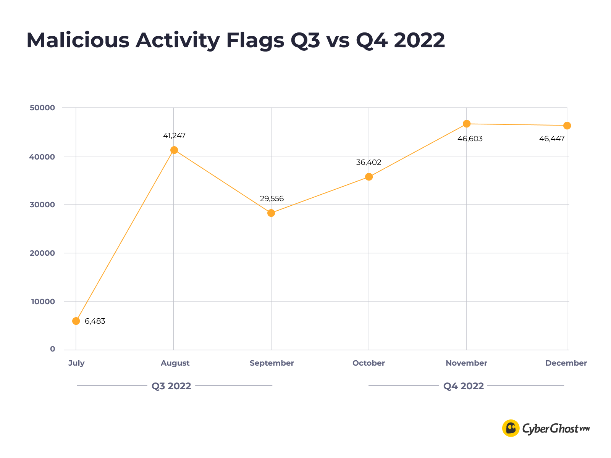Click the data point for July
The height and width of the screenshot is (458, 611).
(76, 321)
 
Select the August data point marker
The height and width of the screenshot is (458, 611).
(174, 150)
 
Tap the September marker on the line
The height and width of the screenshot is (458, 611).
(271, 213)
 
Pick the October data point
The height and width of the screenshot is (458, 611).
(369, 177)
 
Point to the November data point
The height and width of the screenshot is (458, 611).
(467, 124)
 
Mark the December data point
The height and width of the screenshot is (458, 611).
(567, 126)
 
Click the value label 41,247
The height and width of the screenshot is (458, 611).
(174, 135)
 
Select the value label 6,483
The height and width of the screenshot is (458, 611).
(95, 321)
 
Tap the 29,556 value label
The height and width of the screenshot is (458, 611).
(272, 199)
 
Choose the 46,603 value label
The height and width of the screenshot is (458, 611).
(470, 139)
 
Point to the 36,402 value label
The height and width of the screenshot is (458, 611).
(369, 163)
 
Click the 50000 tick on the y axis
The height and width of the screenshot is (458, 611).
(42, 108)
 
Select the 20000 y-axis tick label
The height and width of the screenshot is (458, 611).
(42, 253)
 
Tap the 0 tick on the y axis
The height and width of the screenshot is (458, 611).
(52, 349)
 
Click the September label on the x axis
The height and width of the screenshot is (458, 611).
(272, 363)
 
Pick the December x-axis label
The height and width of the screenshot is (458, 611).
(566, 363)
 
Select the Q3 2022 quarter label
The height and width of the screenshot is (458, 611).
(171, 386)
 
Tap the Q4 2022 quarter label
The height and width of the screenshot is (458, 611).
(464, 386)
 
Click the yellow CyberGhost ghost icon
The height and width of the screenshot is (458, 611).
(511, 428)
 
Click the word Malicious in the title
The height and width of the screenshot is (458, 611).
(78, 40)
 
